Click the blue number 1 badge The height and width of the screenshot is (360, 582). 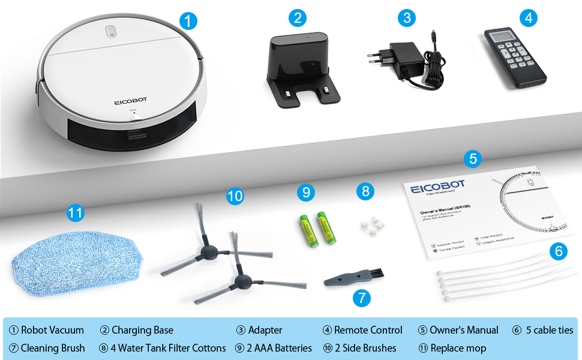[188, 22]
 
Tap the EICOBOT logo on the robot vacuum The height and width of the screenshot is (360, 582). [131, 102]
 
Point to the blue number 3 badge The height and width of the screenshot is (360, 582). [407, 17]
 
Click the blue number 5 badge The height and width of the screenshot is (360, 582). [473, 158]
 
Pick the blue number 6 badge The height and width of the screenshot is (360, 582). [559, 251]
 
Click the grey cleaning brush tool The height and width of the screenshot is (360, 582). [348, 277]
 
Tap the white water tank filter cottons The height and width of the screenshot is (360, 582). [370, 225]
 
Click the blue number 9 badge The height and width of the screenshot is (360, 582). [306, 192]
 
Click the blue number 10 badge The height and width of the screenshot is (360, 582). [235, 196]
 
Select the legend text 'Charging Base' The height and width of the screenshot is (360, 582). [142, 330]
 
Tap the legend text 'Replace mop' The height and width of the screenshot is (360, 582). [458, 348]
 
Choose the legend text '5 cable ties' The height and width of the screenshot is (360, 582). [549, 330]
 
